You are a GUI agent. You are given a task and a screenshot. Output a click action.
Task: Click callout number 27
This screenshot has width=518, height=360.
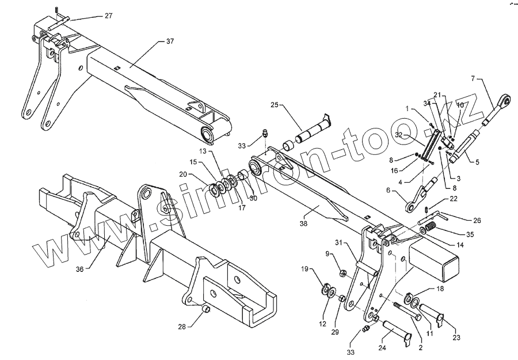[109, 16]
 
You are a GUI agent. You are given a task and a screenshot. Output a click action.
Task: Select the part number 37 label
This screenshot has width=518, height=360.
[170, 41]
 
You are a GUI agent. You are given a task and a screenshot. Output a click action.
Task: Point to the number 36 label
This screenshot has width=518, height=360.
[79, 268]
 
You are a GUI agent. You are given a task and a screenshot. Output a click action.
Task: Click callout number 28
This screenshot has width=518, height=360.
[182, 327]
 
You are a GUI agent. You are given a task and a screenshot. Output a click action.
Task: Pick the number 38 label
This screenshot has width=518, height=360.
[303, 223]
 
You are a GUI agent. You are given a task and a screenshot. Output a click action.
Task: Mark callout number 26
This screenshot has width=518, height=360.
[477, 221]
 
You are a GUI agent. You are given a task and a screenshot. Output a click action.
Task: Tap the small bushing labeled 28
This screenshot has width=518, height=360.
[204, 312]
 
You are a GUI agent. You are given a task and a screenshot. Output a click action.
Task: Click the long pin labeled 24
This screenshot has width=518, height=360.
[397, 331]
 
